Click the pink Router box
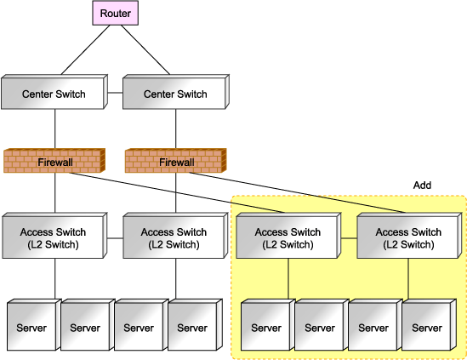(x=115, y=13)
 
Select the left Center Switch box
(x=54, y=92)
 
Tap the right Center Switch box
(x=176, y=92)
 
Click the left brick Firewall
(x=54, y=161)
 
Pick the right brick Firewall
(x=176, y=161)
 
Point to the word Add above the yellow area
(x=422, y=186)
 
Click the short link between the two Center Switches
(x=115, y=93)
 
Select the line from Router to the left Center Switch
(x=85, y=49)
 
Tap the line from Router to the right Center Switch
(x=145, y=49)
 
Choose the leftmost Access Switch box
(x=54, y=236)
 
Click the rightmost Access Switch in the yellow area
(x=409, y=236)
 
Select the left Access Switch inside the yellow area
(x=288, y=236)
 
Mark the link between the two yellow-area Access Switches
(x=349, y=238)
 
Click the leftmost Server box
(x=31, y=325)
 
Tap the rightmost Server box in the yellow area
(x=430, y=325)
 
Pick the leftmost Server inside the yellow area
(x=268, y=325)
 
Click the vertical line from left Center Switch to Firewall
(x=55, y=129)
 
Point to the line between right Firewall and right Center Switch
(x=176, y=129)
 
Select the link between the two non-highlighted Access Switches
(x=115, y=238)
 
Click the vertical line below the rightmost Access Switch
(x=408, y=278)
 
